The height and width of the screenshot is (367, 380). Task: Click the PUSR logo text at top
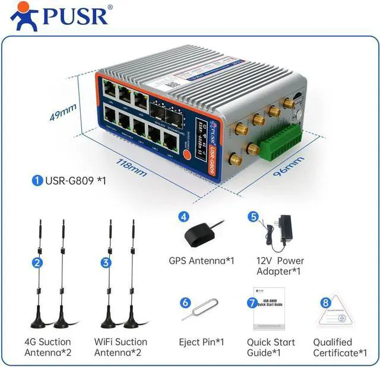click(75, 16)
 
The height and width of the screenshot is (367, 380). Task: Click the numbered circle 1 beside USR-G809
click(38, 180)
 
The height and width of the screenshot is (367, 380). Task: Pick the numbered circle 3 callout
click(106, 262)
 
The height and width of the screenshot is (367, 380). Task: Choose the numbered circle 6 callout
click(185, 302)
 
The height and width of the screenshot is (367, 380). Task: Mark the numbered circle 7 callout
click(254, 302)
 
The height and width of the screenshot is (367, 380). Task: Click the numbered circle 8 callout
click(325, 302)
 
